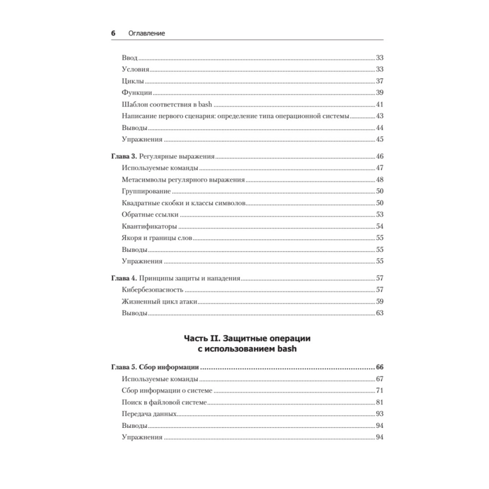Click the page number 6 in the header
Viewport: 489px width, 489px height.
tap(113, 33)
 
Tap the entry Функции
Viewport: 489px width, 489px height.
tap(137, 93)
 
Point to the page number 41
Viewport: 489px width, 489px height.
tap(379, 105)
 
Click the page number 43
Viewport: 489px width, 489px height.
tap(379, 116)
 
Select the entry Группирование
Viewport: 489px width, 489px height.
tap(146, 191)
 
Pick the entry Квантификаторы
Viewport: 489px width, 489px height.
tap(149, 226)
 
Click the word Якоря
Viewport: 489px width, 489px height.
tap(131, 238)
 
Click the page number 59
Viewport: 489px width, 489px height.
tap(379, 301)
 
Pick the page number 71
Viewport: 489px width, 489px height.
tap(379, 390)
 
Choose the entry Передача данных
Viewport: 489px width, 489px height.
tap(149, 414)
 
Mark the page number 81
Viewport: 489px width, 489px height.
tap(379, 402)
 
